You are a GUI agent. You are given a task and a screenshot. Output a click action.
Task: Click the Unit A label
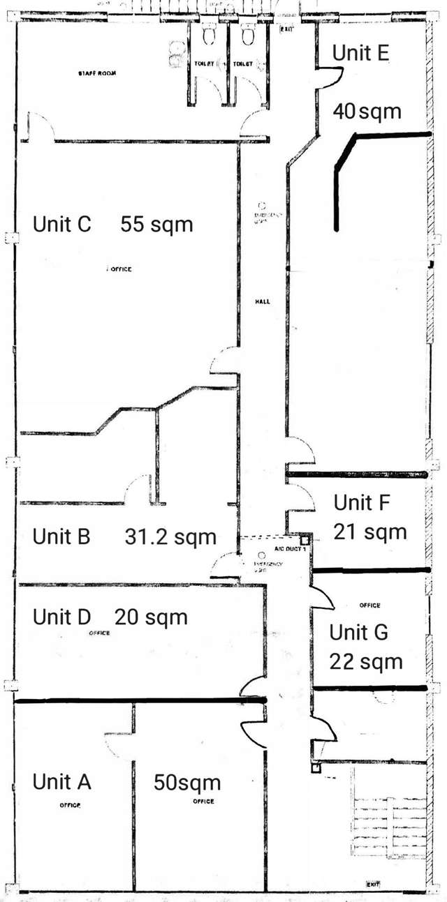tap(61, 782)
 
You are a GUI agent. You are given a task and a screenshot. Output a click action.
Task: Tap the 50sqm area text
tap(186, 782)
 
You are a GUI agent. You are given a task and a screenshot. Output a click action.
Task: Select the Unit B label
tap(61, 537)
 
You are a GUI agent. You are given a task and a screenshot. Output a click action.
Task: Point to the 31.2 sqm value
tap(170, 537)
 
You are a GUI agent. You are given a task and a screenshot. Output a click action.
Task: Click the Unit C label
tap(62, 225)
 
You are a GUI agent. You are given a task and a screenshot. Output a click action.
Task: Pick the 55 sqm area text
tap(156, 225)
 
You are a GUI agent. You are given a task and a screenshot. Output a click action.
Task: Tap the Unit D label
tap(62, 617)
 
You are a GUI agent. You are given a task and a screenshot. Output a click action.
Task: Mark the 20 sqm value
tap(151, 617)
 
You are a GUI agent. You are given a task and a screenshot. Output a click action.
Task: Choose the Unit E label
tap(360, 53)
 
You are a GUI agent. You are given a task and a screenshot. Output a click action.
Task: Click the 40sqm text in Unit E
tap(367, 111)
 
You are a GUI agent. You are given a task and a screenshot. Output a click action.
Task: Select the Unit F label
tap(362, 502)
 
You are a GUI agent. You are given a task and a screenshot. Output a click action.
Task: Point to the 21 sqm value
tap(370, 532)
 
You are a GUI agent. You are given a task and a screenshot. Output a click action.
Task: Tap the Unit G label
tap(359, 633)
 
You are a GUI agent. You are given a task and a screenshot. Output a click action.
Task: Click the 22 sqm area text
tap(367, 661)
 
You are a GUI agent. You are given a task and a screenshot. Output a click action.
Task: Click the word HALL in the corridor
tap(262, 302)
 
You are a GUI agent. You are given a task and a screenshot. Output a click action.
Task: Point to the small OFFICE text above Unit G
tap(369, 606)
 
